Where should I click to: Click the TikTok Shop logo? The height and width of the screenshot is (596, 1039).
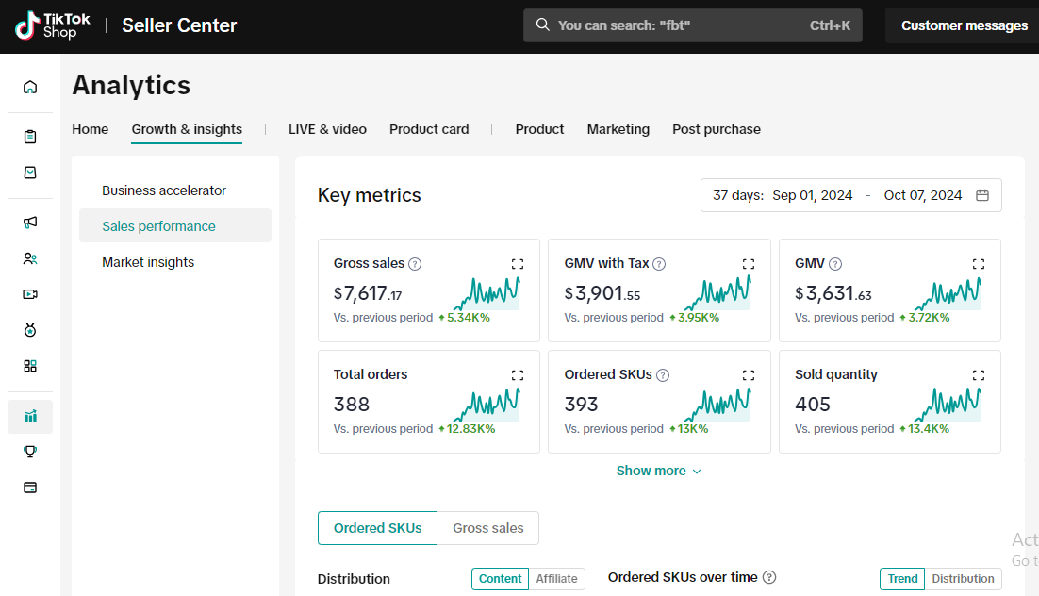coord(53,25)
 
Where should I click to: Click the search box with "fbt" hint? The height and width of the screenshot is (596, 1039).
coord(692,25)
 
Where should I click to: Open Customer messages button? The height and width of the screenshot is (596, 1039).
coord(964,25)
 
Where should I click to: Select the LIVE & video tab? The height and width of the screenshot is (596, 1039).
coord(327,129)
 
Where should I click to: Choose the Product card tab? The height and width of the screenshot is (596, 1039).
coord(429,129)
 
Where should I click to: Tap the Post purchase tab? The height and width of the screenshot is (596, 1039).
coord(717,129)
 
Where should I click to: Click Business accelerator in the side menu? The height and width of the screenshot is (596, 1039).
coord(164,190)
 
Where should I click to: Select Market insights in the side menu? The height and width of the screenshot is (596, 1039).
coord(148,262)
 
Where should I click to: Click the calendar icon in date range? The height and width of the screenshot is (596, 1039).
coord(982,195)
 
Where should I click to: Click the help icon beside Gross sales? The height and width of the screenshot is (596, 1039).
coord(415,264)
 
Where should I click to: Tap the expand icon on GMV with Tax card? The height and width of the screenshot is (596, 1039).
coord(748,264)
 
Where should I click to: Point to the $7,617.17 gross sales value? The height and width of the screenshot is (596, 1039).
coord(367,293)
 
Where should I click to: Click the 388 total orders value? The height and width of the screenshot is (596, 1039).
coord(351,404)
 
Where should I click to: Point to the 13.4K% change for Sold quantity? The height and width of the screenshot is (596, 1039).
coord(924,429)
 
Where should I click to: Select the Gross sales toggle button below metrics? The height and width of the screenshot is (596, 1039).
coord(487,528)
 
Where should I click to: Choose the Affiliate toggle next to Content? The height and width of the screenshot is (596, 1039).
coord(556,579)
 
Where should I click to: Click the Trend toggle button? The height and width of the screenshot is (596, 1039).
coord(902,579)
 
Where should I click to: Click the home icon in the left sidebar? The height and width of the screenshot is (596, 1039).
coord(30,88)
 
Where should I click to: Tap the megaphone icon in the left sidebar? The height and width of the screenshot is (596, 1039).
coord(30,223)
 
